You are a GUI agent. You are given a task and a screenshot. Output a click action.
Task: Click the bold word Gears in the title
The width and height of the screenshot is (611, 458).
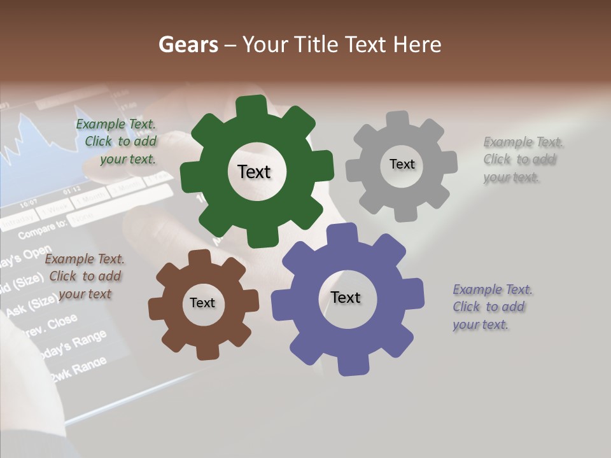click(x=188, y=45)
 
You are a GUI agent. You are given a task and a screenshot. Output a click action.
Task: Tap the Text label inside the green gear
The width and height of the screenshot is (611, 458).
click(x=254, y=172)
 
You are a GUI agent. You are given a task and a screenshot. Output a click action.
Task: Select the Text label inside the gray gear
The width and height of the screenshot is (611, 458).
click(x=402, y=164)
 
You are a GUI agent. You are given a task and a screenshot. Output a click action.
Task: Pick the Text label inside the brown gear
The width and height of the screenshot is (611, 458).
click(x=202, y=303)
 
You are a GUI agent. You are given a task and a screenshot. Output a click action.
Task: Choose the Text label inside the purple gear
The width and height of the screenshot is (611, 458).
click(x=346, y=297)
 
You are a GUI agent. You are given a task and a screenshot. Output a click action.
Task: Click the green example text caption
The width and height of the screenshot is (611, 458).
click(x=116, y=142)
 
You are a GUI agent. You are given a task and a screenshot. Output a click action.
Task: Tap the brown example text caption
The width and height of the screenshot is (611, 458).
click(x=84, y=276)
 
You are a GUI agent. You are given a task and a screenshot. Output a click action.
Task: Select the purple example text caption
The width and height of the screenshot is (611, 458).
click(x=492, y=307)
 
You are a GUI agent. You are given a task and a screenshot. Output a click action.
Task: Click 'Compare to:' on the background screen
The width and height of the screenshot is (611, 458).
click(x=42, y=228)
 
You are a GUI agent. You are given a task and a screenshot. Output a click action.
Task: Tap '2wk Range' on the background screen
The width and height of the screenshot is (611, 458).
click(x=78, y=369)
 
